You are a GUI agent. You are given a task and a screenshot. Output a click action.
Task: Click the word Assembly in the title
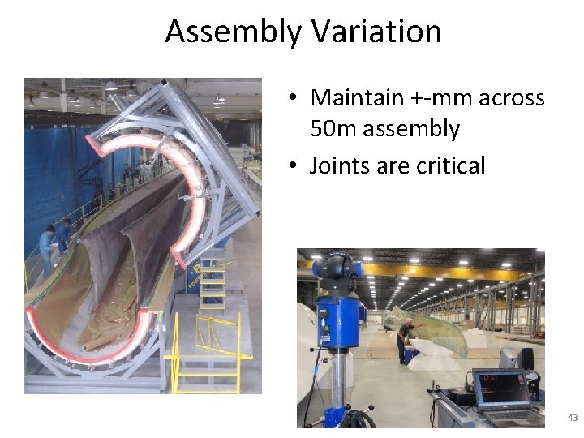(x=233, y=32)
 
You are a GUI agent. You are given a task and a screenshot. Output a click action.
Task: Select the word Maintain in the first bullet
(x=357, y=98)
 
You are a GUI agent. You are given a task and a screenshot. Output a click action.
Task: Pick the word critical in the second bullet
(x=450, y=166)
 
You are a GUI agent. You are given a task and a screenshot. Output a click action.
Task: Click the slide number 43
(x=573, y=418)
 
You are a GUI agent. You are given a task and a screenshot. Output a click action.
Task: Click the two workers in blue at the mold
(x=54, y=239)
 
